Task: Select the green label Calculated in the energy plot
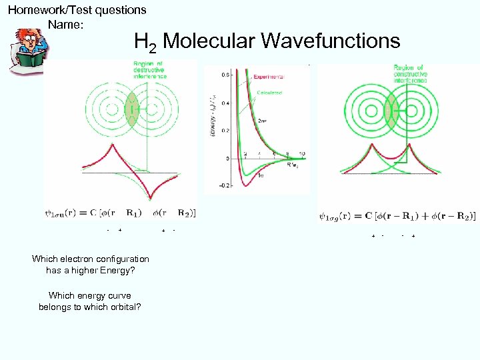(267, 93)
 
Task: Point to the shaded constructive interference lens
(391, 108)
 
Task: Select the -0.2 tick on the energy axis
(225, 185)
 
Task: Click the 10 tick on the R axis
(302, 154)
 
